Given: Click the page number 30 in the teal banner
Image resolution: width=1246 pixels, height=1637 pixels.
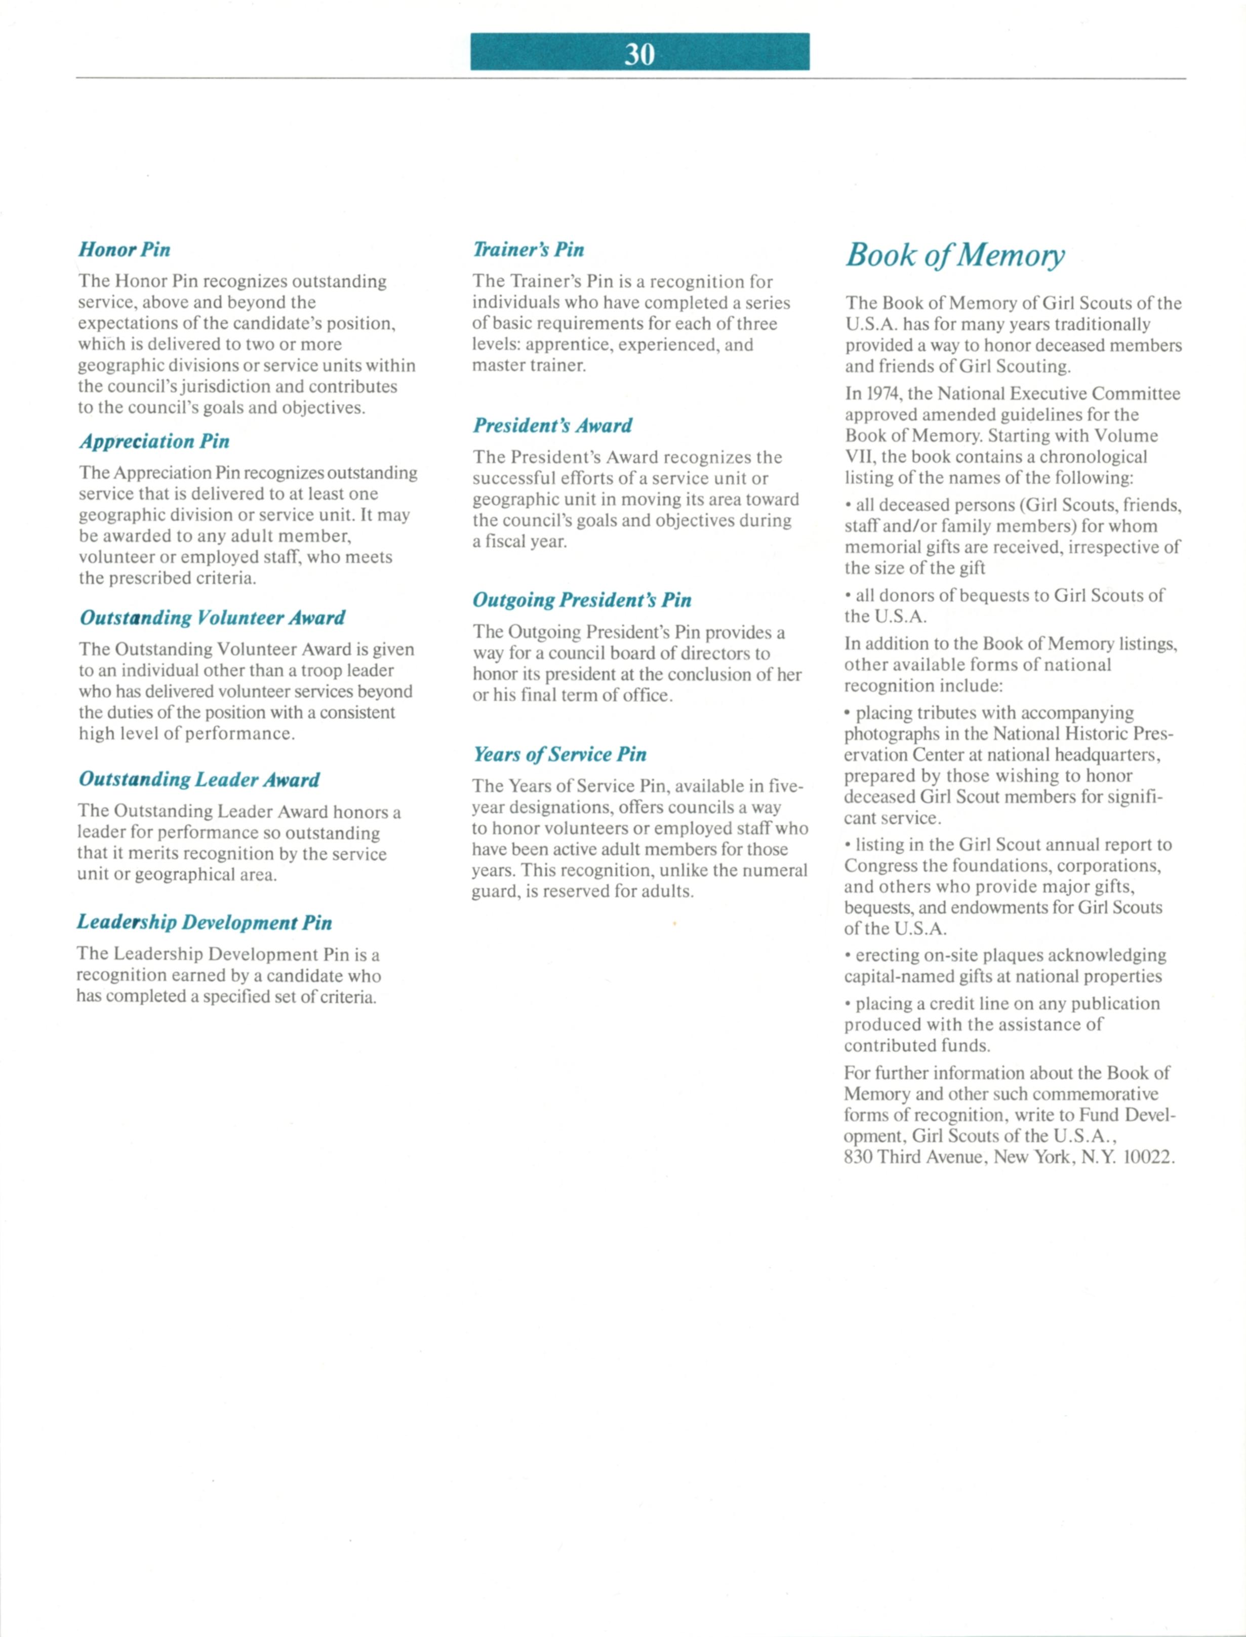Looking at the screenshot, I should (x=639, y=53).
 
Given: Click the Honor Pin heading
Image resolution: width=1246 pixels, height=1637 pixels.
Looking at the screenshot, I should (x=125, y=249).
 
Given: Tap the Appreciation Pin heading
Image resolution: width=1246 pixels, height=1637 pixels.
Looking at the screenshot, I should (x=154, y=441).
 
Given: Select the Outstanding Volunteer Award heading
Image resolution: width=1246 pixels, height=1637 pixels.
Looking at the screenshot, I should (x=212, y=618).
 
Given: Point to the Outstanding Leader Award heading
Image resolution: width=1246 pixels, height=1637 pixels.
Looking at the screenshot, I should (x=199, y=779).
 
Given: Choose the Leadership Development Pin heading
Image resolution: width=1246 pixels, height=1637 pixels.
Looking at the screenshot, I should (x=204, y=923).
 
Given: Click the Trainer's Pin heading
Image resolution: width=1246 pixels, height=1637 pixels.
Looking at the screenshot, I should (x=528, y=249).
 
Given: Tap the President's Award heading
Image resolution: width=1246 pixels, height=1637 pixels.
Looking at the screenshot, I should (x=552, y=425).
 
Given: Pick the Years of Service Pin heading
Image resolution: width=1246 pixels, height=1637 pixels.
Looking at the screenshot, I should (x=560, y=755).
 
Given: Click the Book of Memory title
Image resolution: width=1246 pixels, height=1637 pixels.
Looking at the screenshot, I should (x=955, y=254).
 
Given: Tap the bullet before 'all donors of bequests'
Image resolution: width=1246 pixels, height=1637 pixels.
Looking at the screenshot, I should (x=848, y=596).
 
